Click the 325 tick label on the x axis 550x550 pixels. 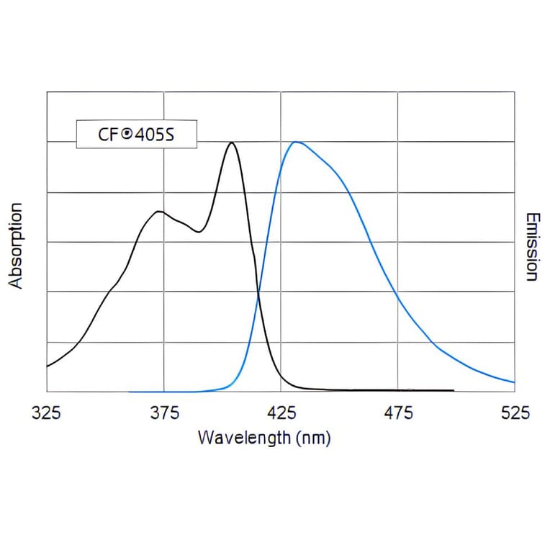[47, 413]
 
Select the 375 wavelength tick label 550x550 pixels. [164, 413]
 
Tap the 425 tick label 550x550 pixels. [281, 413]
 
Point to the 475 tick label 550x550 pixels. [399, 413]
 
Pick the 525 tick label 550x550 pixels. [515, 413]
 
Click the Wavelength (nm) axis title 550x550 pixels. [264, 437]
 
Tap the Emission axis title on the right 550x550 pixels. [532, 246]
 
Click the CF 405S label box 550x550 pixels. [136, 134]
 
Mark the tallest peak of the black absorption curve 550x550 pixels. [232, 143]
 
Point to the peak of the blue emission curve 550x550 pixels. [295, 142]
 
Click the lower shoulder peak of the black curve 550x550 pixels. [158, 211]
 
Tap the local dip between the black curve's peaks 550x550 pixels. [199, 232]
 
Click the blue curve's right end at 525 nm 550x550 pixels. [514, 382]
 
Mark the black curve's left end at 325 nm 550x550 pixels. [48, 366]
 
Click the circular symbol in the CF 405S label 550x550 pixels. [126, 134]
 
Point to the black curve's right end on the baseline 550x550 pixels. [453, 390]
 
